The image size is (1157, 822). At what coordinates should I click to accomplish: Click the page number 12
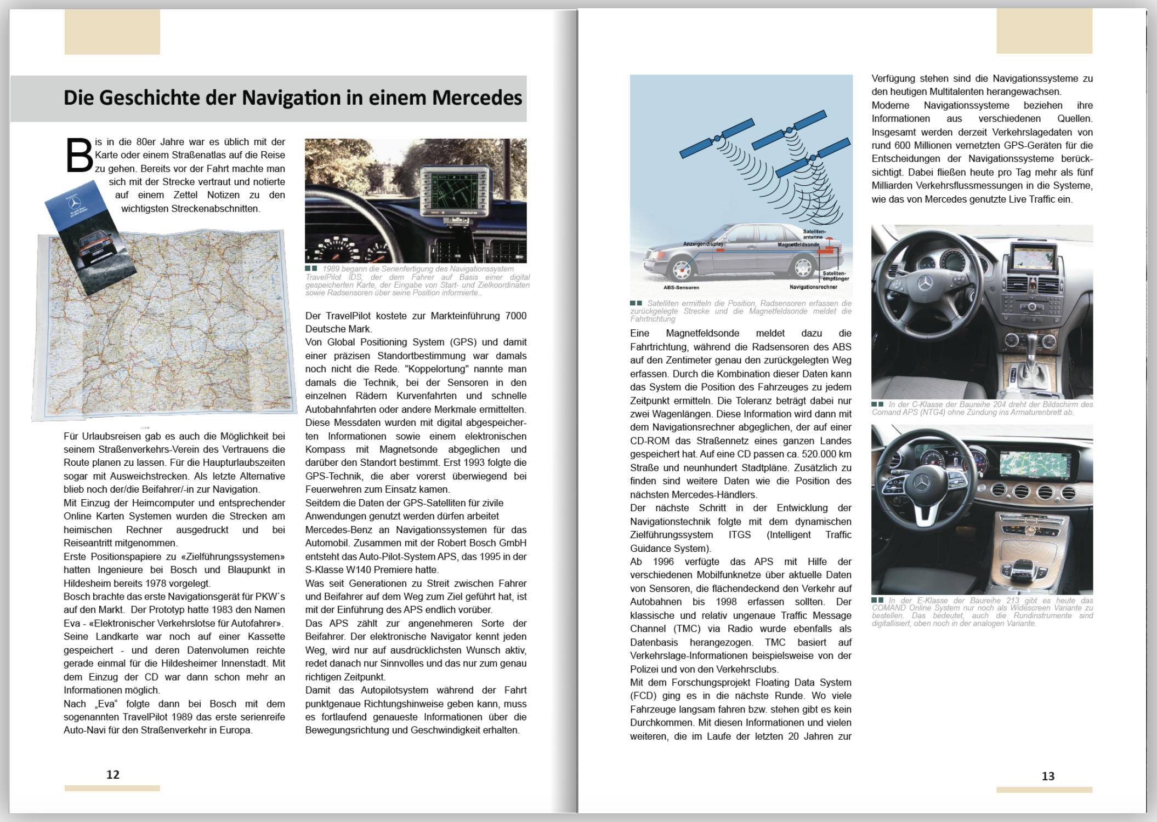point(112,774)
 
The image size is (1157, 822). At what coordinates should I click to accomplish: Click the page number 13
point(1048,776)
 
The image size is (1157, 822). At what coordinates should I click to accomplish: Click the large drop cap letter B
point(79,155)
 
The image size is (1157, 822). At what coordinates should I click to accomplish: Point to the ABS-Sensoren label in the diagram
point(681,287)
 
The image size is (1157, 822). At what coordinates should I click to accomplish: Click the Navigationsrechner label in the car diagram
point(813,287)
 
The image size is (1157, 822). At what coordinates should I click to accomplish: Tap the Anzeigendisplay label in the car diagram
point(702,244)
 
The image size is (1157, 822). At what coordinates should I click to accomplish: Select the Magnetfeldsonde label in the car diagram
point(798,244)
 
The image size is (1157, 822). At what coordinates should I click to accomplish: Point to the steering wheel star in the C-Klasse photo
point(926,283)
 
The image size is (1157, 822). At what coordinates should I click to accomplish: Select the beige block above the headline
point(112,32)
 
